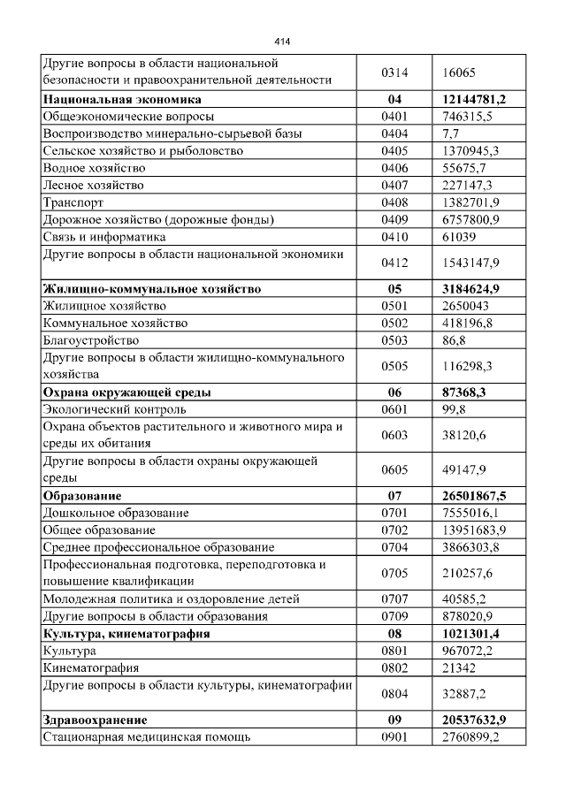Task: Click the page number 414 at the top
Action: [x=282, y=42]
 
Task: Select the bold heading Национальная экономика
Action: [x=123, y=99]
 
